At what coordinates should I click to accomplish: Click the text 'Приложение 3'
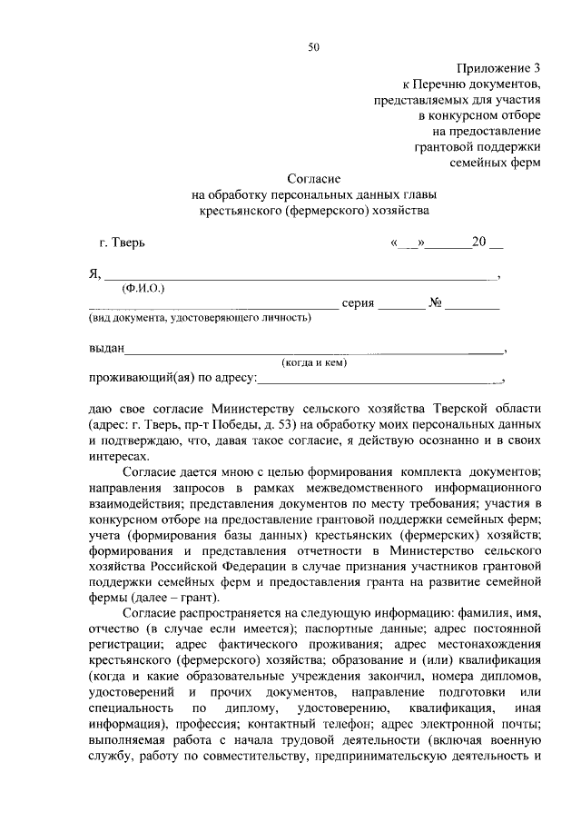point(501,67)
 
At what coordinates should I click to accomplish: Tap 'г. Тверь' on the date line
point(121,243)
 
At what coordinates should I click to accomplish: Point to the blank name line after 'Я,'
point(300,275)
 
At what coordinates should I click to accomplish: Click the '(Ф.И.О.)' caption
point(143,288)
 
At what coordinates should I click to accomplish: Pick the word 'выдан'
point(106,349)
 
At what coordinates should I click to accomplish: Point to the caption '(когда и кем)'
point(315,362)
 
